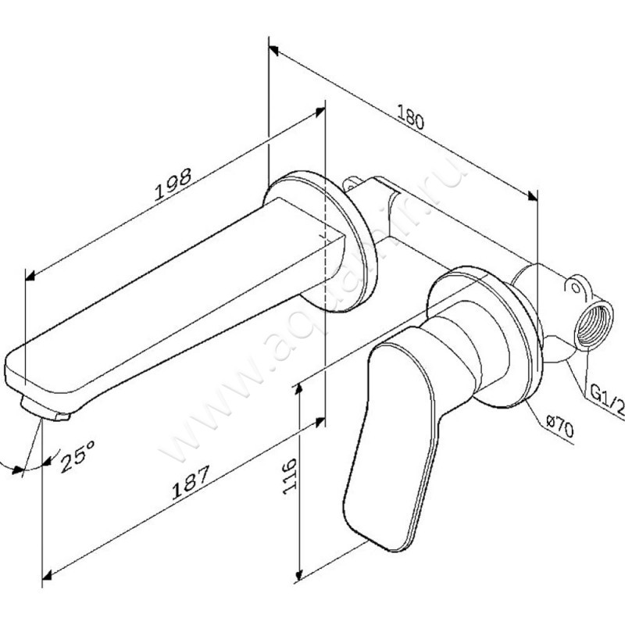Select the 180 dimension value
pos(411,117)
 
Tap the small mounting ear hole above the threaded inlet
pos(577,287)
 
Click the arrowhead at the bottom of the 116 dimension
pos(299,578)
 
